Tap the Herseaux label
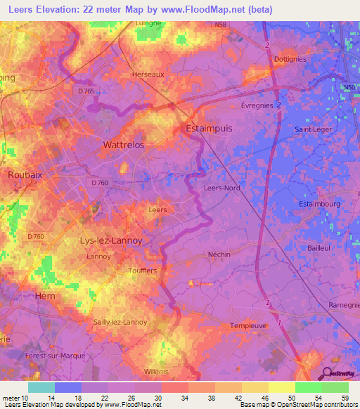pos(148,73)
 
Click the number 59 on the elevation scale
pos(343,398)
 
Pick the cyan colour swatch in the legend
pos(41,387)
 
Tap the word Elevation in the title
pos(58,9)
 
